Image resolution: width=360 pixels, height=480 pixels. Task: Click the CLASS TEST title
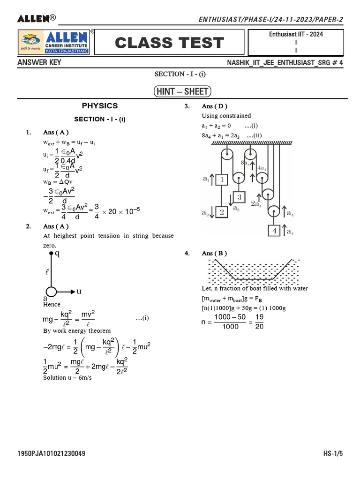pos(169,43)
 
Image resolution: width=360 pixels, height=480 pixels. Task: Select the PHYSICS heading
pos(100,106)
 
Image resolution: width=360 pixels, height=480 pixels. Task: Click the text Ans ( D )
pos(214,106)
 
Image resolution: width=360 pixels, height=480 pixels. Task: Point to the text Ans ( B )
pos(214,253)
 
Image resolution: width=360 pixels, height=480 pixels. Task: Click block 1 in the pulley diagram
pos(222,179)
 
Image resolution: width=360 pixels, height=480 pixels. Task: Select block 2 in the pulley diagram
pos(222,212)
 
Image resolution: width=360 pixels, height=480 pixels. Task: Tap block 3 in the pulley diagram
pos(239,197)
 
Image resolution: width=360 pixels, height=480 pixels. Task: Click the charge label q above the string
pos(57,254)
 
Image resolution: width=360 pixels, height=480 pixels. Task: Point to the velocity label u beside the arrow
pos(79,291)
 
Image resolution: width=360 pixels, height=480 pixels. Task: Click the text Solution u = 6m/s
pos(67,377)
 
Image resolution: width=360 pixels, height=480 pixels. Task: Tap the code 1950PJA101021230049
pos(51,454)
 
